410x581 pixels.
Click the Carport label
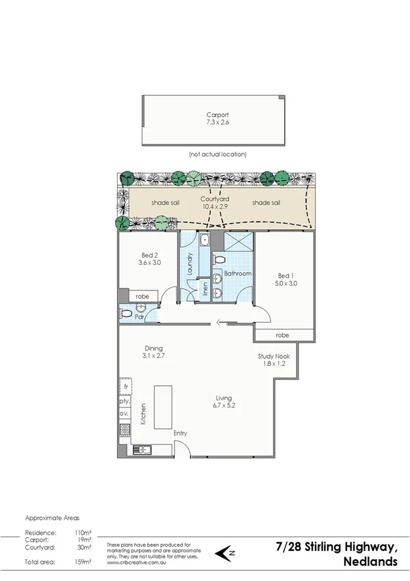[x=217, y=115]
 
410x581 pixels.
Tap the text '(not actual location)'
[x=217, y=154]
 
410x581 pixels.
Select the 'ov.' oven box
[x=125, y=414]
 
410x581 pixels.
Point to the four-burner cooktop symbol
[x=125, y=430]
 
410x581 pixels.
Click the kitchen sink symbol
[x=140, y=450]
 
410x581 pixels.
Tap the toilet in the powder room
[x=126, y=313]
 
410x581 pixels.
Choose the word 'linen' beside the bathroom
[x=204, y=291]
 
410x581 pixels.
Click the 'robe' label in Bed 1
[x=282, y=336]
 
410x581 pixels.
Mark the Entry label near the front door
[x=180, y=433]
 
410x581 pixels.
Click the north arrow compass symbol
[x=223, y=552]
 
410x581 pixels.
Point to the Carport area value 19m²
[x=86, y=539]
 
